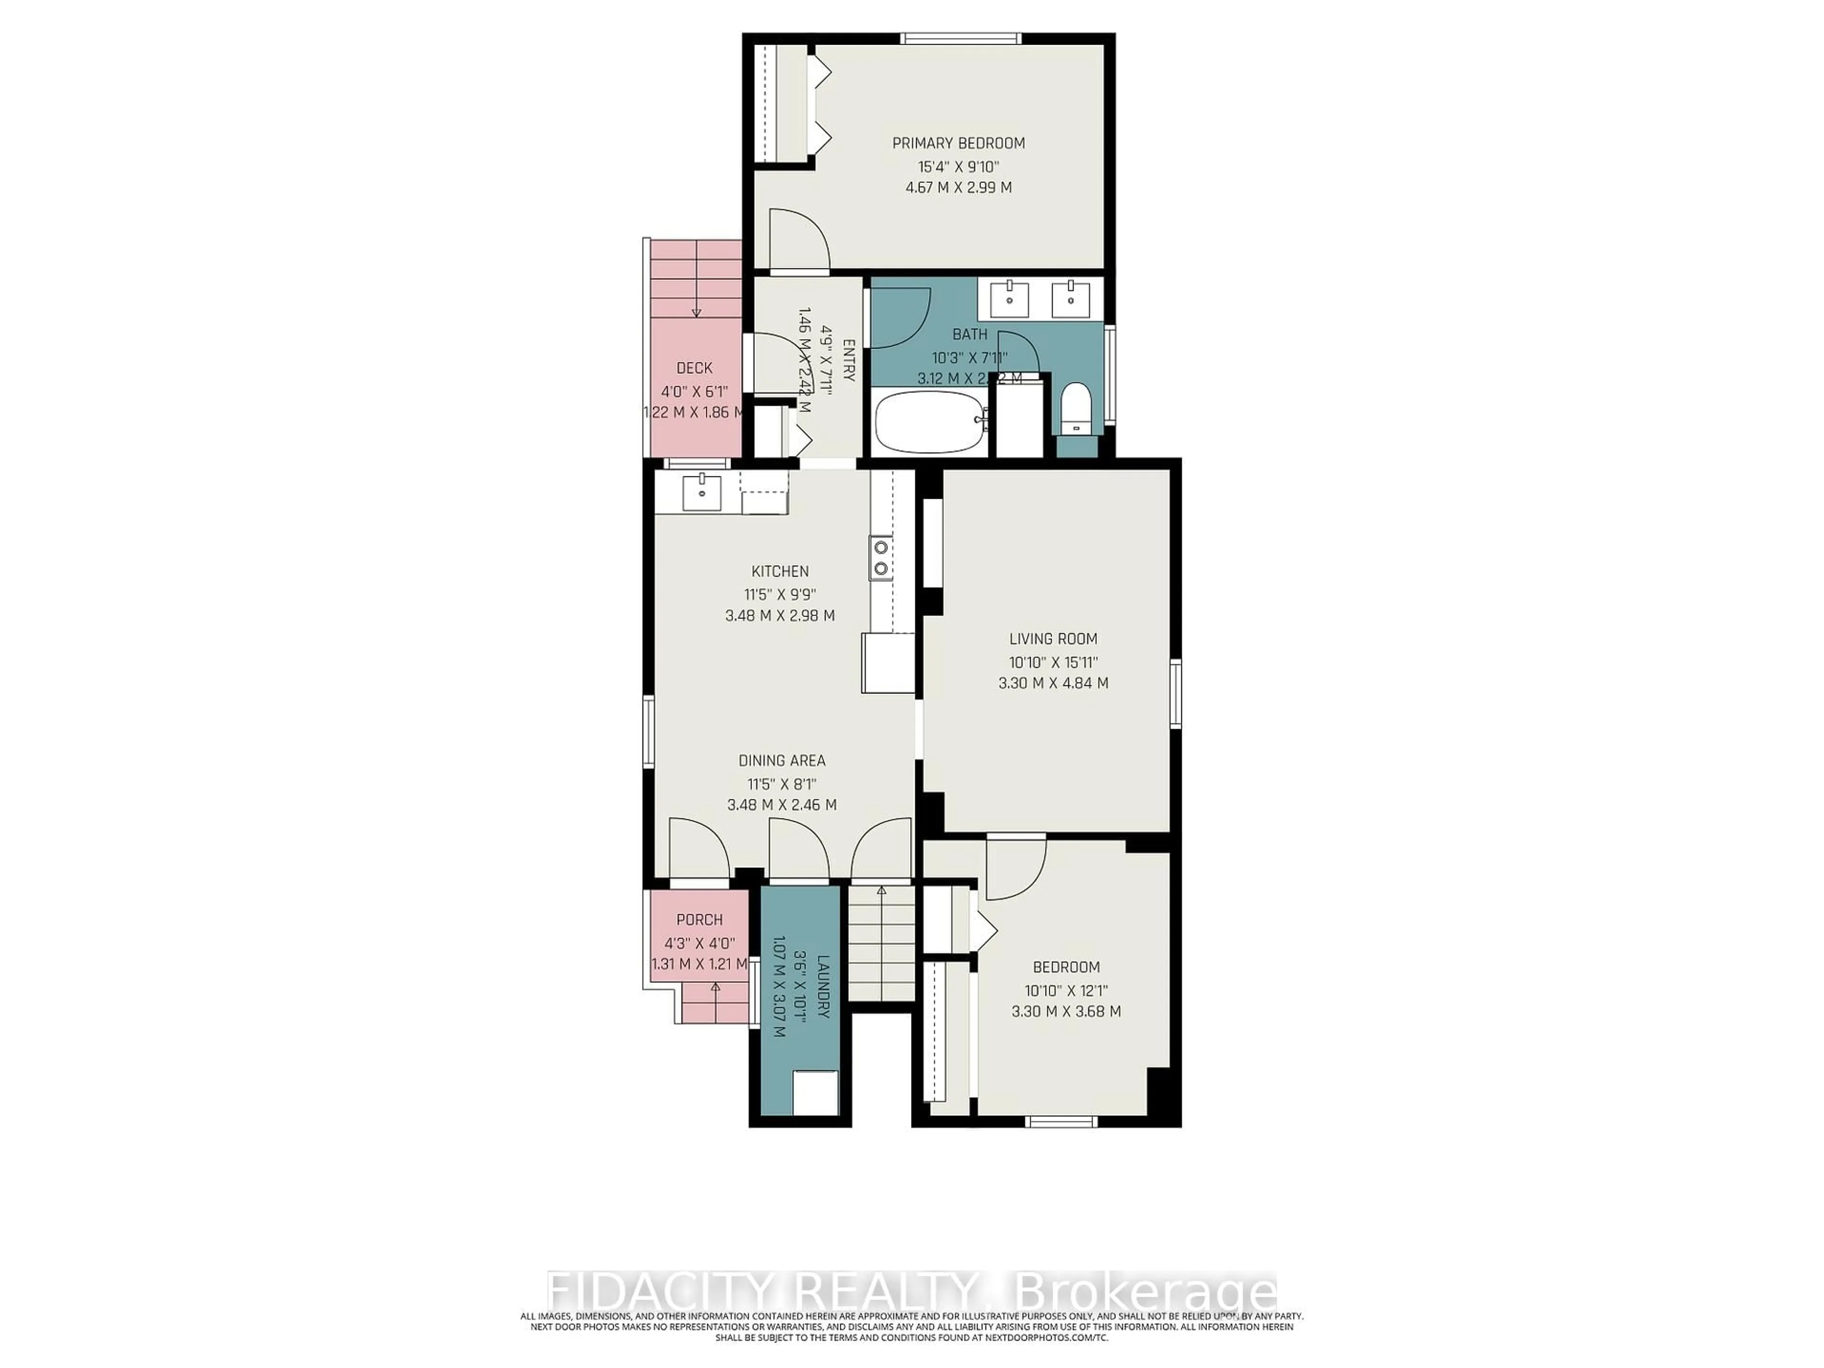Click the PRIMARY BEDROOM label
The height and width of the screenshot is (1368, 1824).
coord(958,143)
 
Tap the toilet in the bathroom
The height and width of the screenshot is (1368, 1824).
coord(1075,408)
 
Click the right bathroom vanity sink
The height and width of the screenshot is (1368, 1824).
coord(1070,299)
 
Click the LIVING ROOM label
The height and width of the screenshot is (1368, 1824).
coord(1053,639)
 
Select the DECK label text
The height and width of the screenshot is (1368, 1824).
coord(694,369)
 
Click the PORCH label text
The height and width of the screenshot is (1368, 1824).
coord(699,920)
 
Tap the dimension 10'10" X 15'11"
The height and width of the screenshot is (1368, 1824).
coord(1053,661)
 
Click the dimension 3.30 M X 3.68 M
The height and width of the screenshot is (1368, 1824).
coord(1065,1012)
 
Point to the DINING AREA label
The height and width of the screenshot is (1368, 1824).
coord(781,761)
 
